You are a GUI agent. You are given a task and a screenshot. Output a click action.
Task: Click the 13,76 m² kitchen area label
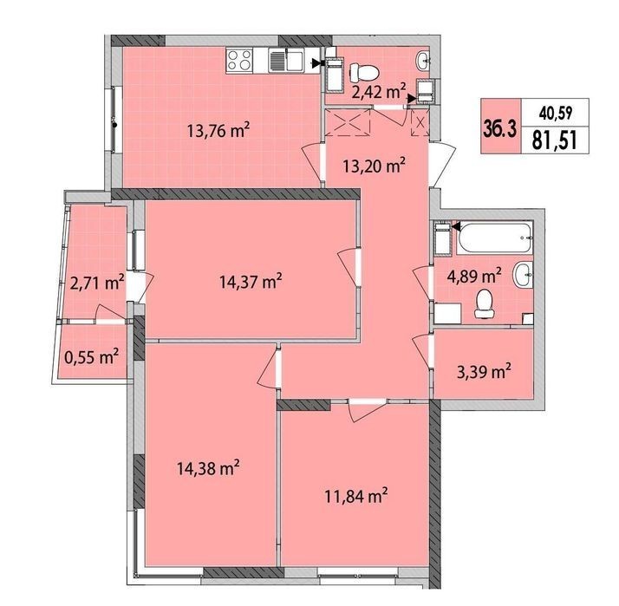(x=218, y=130)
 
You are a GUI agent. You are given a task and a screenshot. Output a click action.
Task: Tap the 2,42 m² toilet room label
(x=379, y=92)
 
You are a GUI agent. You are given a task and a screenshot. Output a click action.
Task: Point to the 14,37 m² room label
(x=251, y=282)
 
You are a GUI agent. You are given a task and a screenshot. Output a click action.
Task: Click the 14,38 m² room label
(x=208, y=469)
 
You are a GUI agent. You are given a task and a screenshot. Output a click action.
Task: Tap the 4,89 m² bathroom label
(x=474, y=277)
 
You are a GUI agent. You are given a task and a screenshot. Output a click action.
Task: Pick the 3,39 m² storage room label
(x=484, y=372)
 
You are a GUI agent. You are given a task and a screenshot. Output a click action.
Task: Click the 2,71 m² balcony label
(x=97, y=283)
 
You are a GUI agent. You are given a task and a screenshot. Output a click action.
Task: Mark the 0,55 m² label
(x=91, y=357)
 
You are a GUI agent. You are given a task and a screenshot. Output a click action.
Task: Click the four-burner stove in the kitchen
(x=239, y=60)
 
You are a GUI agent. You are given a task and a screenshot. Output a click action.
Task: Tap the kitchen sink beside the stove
(x=287, y=60)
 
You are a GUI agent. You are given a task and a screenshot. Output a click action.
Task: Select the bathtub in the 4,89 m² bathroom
(x=495, y=238)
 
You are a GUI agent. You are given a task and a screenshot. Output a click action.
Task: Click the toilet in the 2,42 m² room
(x=364, y=72)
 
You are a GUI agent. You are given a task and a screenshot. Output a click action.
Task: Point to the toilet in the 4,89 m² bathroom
(x=483, y=303)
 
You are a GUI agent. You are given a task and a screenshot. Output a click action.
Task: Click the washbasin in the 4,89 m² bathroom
(x=523, y=274)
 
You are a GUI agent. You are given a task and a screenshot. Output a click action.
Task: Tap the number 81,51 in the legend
(x=555, y=140)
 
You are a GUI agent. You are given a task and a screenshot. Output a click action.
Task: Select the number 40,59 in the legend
(x=556, y=114)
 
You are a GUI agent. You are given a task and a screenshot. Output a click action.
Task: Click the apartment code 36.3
(x=499, y=128)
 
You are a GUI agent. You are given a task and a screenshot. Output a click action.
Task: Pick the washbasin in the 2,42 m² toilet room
(x=423, y=61)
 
